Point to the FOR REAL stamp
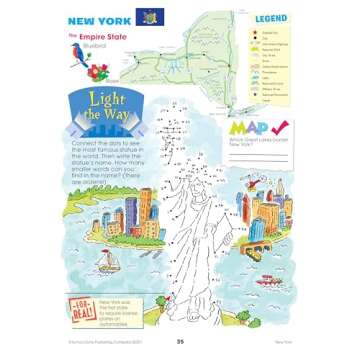pyautogui.click(x=82, y=304)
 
